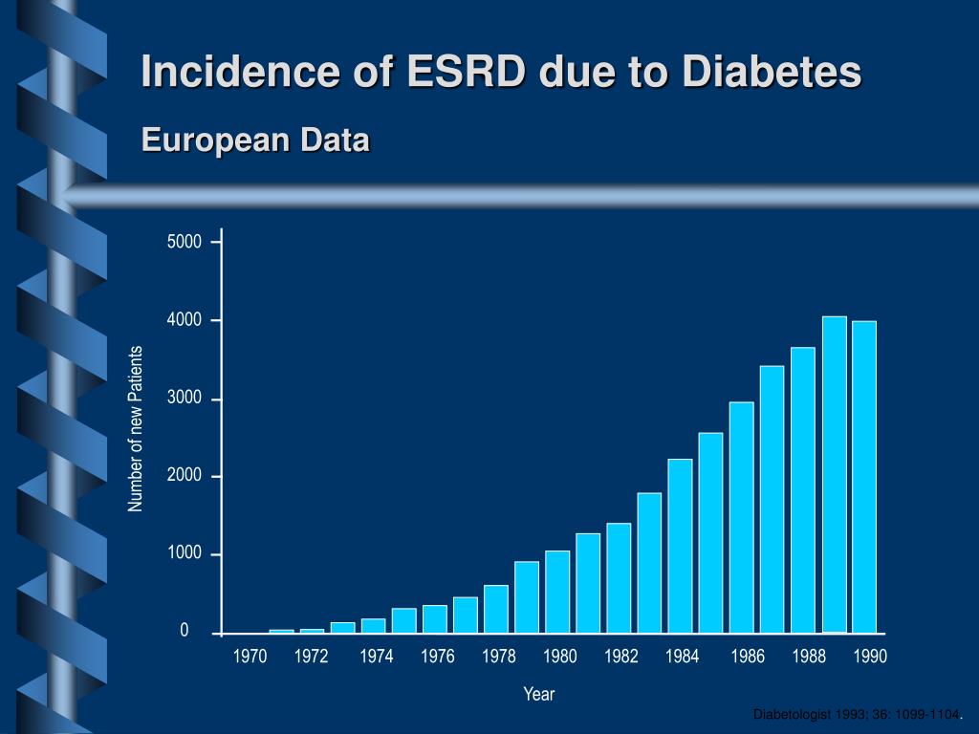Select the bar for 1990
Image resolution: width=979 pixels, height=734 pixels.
coord(864,477)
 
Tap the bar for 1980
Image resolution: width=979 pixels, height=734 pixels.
coord(557,592)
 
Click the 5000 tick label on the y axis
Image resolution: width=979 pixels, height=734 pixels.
coord(185,242)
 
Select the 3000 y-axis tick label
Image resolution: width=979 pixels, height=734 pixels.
coord(185,399)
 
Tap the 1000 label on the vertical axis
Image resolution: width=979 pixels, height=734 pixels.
coord(185,554)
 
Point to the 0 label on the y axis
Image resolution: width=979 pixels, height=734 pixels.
coord(185,632)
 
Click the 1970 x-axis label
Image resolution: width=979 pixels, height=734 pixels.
coord(250,657)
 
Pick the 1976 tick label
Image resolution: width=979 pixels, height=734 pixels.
coord(438,657)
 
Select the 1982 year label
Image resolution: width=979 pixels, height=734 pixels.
coord(621,657)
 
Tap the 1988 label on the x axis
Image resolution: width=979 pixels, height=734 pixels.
coord(809,657)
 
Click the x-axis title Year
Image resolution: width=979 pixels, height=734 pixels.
coord(539,695)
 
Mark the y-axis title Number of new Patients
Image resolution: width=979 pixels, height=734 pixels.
coord(136,429)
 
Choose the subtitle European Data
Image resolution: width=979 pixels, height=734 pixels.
coord(255,140)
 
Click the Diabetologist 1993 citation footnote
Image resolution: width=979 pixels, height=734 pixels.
coord(857,716)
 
